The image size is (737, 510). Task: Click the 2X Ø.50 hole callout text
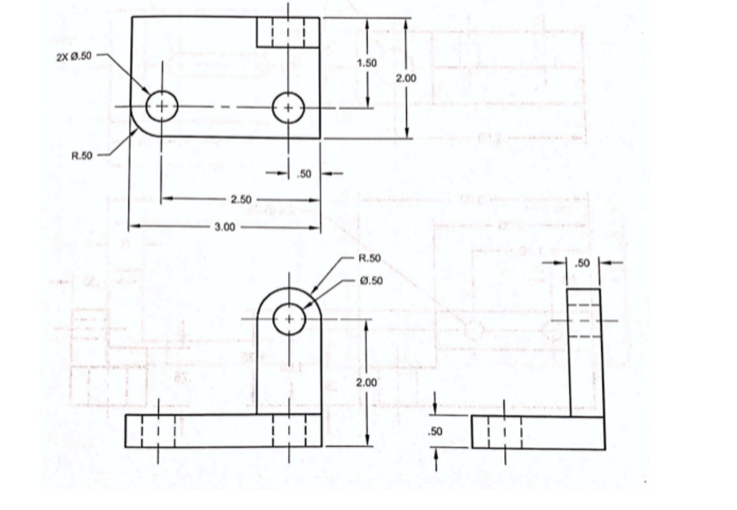(74, 56)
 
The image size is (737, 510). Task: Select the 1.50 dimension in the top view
(367, 63)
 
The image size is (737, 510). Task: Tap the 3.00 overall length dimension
(224, 227)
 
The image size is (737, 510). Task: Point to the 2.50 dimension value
(241, 200)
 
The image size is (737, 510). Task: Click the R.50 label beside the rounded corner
(82, 156)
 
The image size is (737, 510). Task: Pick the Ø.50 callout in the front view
(371, 280)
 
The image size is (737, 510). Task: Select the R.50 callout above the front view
(369, 258)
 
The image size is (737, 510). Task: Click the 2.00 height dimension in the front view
(367, 383)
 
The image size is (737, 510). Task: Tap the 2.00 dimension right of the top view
(406, 78)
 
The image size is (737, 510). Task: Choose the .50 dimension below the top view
(304, 174)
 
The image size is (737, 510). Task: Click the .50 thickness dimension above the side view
(582, 263)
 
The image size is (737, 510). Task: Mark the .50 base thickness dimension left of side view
(435, 432)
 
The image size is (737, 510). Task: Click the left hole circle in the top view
(162, 107)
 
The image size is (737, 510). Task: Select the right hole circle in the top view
(288, 108)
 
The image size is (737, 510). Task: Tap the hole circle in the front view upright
(289, 319)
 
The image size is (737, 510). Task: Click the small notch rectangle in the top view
(288, 32)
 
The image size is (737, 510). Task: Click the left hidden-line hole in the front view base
(158, 431)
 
